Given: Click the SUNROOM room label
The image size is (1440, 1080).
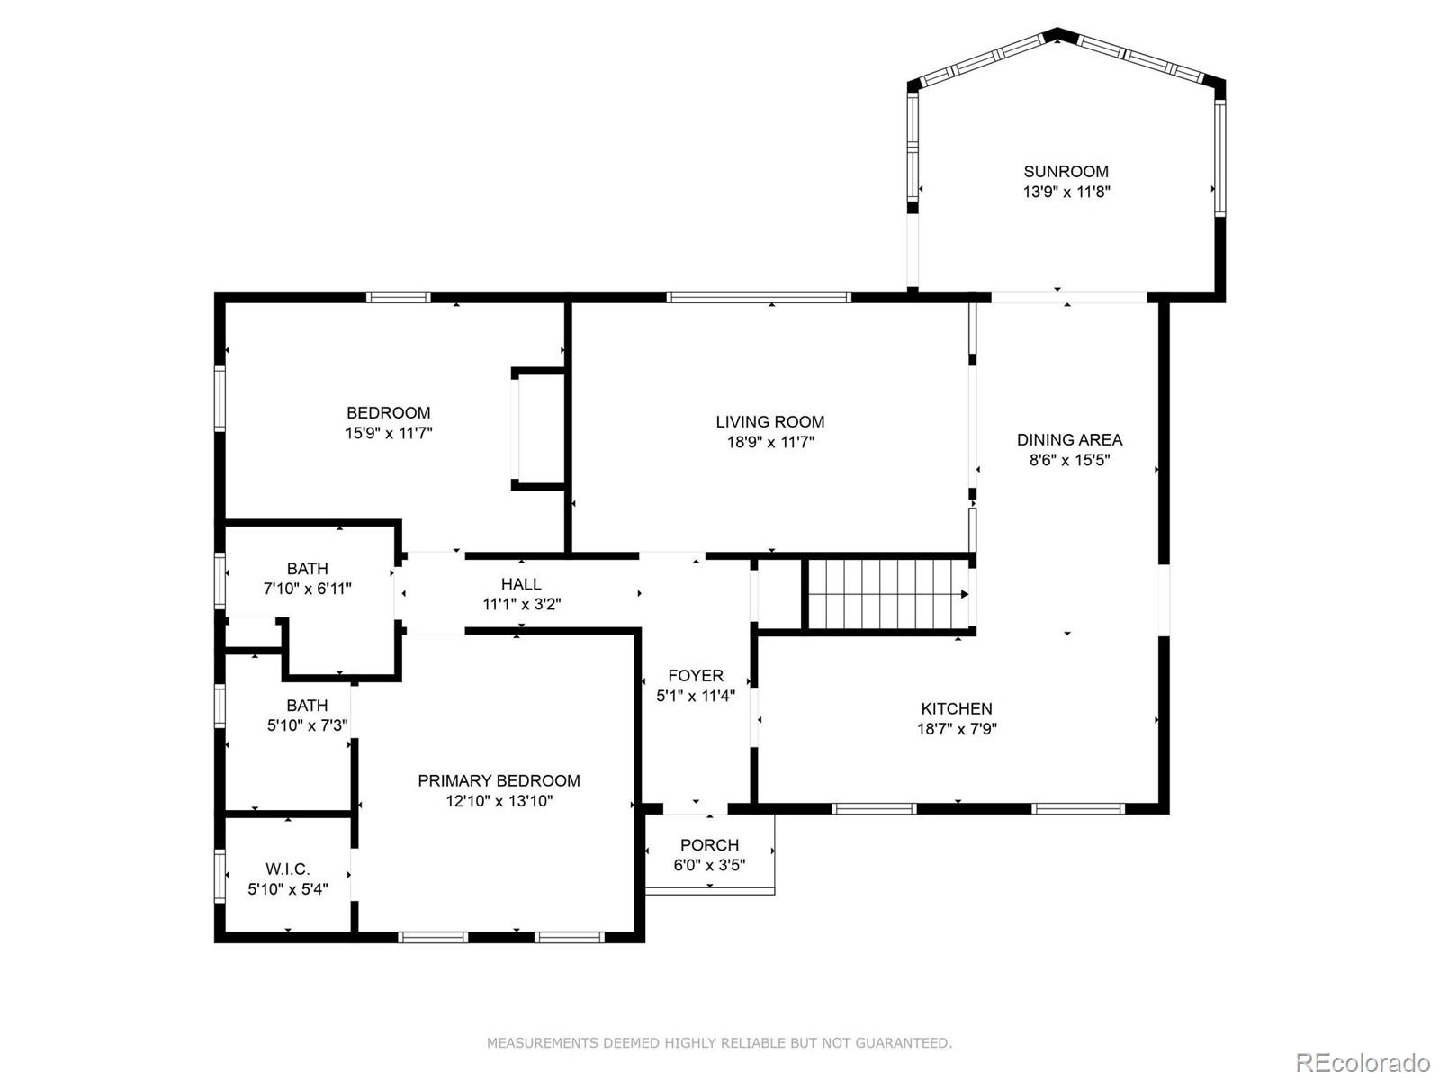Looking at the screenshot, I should pos(1066,171).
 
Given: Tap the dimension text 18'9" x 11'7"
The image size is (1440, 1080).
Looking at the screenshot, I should pos(770,442).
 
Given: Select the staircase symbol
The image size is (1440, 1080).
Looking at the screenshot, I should pos(887,594).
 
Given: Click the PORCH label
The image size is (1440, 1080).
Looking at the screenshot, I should pos(709,845).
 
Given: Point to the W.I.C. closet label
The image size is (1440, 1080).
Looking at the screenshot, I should pos(287,869).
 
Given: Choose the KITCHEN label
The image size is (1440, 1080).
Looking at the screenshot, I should pos(956,709).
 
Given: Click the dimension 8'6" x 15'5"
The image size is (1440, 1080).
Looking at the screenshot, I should pos(1069,460).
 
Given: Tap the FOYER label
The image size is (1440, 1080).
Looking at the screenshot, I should pos(695,676).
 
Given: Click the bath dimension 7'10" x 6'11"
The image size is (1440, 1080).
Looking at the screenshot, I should pos(307,589).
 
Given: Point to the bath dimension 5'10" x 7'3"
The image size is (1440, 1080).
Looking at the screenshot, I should pos(307,725).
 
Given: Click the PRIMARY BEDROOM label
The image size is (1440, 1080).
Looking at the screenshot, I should pos(499,781).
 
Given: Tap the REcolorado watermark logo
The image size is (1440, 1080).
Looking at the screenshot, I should pos(1363,1062).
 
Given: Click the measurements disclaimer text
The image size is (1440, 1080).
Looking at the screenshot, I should pos(719,1043).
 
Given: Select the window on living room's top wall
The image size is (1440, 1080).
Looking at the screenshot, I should pos(759,297).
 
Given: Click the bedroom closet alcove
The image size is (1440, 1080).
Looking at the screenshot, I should pos(538,428).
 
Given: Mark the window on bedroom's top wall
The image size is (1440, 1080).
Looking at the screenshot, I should pos(398,297).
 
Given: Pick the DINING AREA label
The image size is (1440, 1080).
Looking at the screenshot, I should pos(1069,440).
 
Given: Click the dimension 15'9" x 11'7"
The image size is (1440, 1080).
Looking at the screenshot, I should pos(389,433).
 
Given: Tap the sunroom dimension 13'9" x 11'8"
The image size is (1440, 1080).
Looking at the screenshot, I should pos(1066,192).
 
